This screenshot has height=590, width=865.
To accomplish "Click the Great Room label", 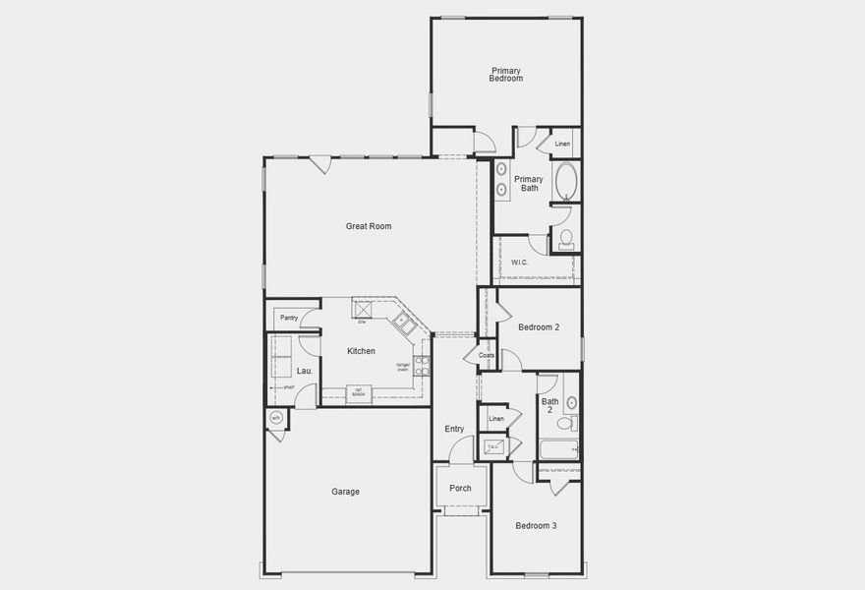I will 369,226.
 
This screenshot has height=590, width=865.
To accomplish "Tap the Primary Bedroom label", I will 505,74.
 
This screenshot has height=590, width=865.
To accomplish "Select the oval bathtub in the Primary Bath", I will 566,182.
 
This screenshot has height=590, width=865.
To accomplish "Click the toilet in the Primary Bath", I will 566,239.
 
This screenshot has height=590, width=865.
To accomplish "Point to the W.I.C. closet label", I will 520,263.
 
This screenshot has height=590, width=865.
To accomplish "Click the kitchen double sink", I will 404,321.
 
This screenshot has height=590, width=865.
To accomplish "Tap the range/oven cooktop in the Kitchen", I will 422,366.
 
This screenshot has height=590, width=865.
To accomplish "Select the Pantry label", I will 288,318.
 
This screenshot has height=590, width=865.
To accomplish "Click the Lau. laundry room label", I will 305,371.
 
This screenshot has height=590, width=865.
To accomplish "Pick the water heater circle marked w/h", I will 276,419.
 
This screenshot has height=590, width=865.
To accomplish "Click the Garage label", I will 345,492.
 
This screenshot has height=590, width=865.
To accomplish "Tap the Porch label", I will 460,488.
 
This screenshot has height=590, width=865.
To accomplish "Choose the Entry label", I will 454,429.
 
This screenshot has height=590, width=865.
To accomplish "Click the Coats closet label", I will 487,355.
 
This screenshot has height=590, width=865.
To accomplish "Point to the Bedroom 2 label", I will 539,327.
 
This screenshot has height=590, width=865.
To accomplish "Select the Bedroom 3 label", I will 537,526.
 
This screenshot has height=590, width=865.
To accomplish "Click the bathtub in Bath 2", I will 558,450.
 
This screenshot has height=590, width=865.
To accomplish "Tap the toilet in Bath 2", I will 565,424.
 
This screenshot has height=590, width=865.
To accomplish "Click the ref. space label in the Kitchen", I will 361,392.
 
